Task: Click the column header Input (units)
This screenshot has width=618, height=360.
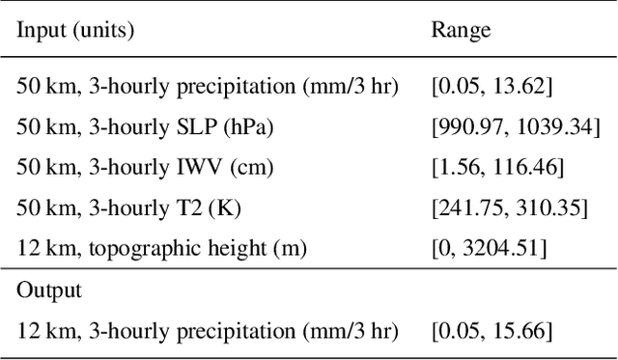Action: coord(75,30)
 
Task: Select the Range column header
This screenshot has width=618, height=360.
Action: coord(461,30)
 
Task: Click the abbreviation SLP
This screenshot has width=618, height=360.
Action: coord(185,125)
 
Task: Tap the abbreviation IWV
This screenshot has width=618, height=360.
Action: coord(187,167)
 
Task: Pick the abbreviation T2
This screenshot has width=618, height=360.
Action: coord(182,208)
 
